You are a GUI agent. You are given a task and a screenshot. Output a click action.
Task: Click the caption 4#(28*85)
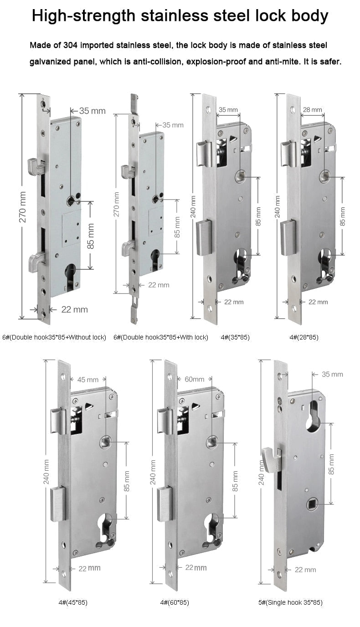[x=304, y=337]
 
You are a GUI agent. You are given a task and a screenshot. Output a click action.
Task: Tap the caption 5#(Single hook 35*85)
[x=290, y=602]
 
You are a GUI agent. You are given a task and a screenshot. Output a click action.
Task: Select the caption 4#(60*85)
[x=175, y=602]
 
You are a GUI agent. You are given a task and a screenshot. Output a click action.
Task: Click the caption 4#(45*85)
[x=73, y=602]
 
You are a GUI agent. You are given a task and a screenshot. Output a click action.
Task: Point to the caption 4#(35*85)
[x=235, y=337]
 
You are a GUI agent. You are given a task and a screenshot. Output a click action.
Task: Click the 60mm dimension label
[x=194, y=379]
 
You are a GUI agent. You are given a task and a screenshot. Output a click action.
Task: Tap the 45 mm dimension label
[x=88, y=379]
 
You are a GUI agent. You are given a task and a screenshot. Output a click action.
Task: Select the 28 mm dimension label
[x=313, y=110]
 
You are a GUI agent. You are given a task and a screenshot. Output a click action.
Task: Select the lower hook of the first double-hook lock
[x=36, y=261]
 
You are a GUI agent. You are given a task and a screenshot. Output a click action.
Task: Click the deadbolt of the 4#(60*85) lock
[x=165, y=504]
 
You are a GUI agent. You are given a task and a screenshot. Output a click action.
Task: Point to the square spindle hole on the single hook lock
[x=312, y=504]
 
